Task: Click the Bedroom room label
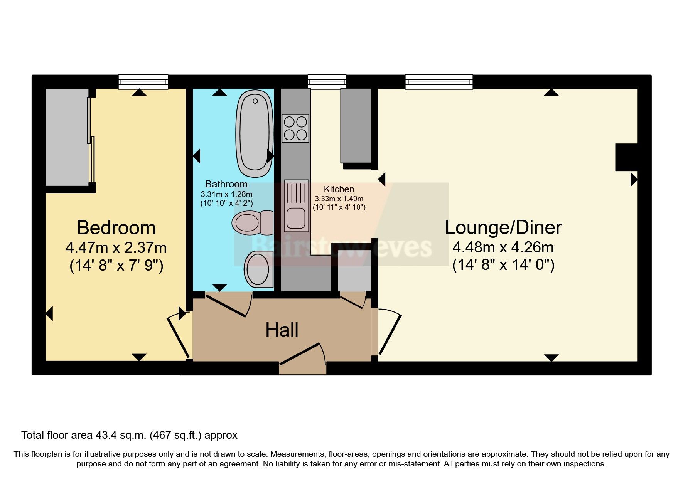pos(116,228)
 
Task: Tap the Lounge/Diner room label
pos(503,227)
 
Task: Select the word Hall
pos(282,330)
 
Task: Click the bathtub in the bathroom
pos(255,133)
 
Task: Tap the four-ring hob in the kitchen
pos(295,128)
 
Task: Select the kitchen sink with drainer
pos(296,205)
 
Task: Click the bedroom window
pos(143,82)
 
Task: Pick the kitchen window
pos(327,82)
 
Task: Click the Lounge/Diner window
pos(439,82)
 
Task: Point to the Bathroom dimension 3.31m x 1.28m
pos(226,194)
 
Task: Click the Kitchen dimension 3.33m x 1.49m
pos(339,199)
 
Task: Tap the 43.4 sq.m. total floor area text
pos(129,435)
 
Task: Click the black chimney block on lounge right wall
pos(626,157)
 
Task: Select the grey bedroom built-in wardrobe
pos(67,137)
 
